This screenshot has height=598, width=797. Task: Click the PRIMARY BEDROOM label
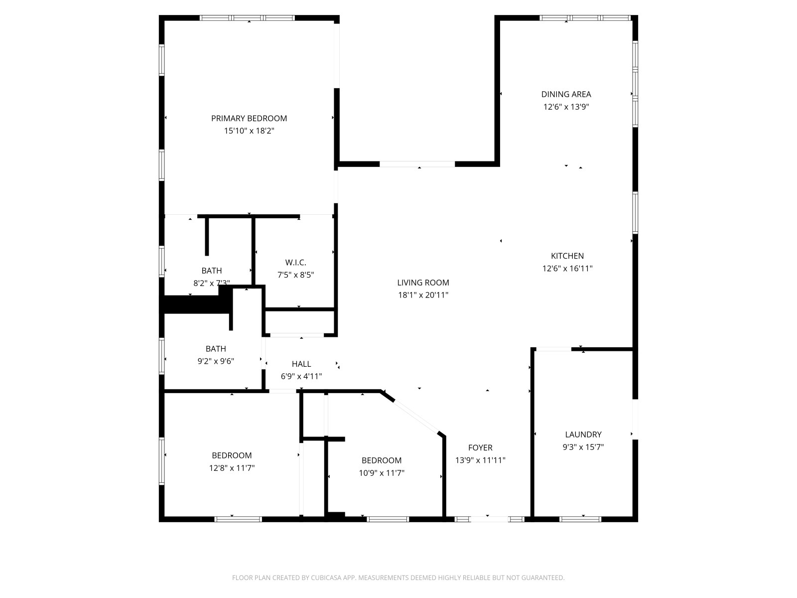pos(249,118)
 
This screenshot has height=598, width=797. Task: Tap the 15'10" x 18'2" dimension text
pos(249,131)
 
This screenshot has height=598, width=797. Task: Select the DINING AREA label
pos(566,94)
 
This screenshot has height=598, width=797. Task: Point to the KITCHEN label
pos(567,256)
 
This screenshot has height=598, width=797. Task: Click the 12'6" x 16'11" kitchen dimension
pos(567,268)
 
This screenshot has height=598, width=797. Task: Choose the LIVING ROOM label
pos(423,283)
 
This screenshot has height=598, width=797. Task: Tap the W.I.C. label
pos(295,262)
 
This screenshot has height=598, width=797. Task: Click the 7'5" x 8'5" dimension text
pos(295,275)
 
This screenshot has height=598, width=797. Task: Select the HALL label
pos(301,364)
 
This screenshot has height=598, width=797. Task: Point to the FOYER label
pos(480,448)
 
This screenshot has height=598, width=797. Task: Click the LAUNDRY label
pos(583,434)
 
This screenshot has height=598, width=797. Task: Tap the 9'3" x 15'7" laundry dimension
pos(583,447)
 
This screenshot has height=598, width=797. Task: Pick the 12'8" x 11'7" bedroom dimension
pos(232,468)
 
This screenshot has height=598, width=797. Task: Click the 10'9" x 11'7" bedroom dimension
pos(381,473)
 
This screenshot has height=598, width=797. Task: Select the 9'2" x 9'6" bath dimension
pos(216,361)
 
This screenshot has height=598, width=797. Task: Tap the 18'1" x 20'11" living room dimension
pos(423,295)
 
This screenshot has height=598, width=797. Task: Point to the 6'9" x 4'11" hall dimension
pos(301,377)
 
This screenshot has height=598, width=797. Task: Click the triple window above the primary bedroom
pos(247,18)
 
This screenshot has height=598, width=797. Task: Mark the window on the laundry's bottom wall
pos(580,519)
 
